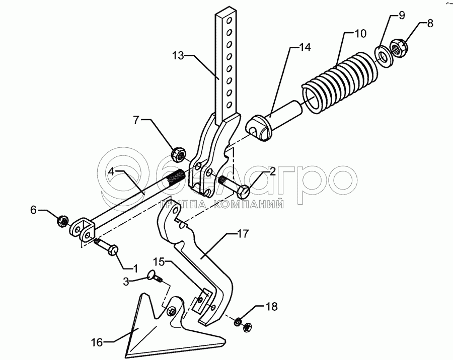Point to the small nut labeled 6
point(63,220)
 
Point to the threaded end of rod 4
point(174,178)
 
